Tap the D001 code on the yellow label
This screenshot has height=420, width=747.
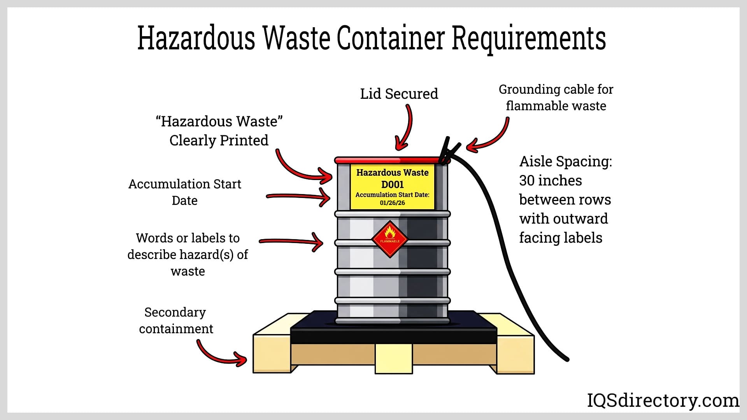click(x=392, y=184)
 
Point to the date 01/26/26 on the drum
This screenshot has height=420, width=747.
click(x=392, y=203)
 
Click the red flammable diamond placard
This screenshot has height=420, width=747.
click(x=389, y=239)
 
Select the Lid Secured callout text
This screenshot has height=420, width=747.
click(x=399, y=94)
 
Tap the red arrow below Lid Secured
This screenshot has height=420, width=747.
click(x=405, y=128)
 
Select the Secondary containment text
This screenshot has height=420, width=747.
click(x=176, y=320)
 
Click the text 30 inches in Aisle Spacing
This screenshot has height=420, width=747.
click(x=550, y=180)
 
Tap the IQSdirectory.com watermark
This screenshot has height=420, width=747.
click(x=663, y=400)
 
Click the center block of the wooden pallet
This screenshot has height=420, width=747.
click(x=393, y=359)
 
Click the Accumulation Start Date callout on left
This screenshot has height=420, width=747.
click(x=185, y=192)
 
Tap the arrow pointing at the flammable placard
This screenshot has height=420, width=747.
click(x=292, y=242)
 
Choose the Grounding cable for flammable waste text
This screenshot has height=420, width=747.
click(x=556, y=98)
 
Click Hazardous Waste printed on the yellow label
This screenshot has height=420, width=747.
click(x=392, y=172)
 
